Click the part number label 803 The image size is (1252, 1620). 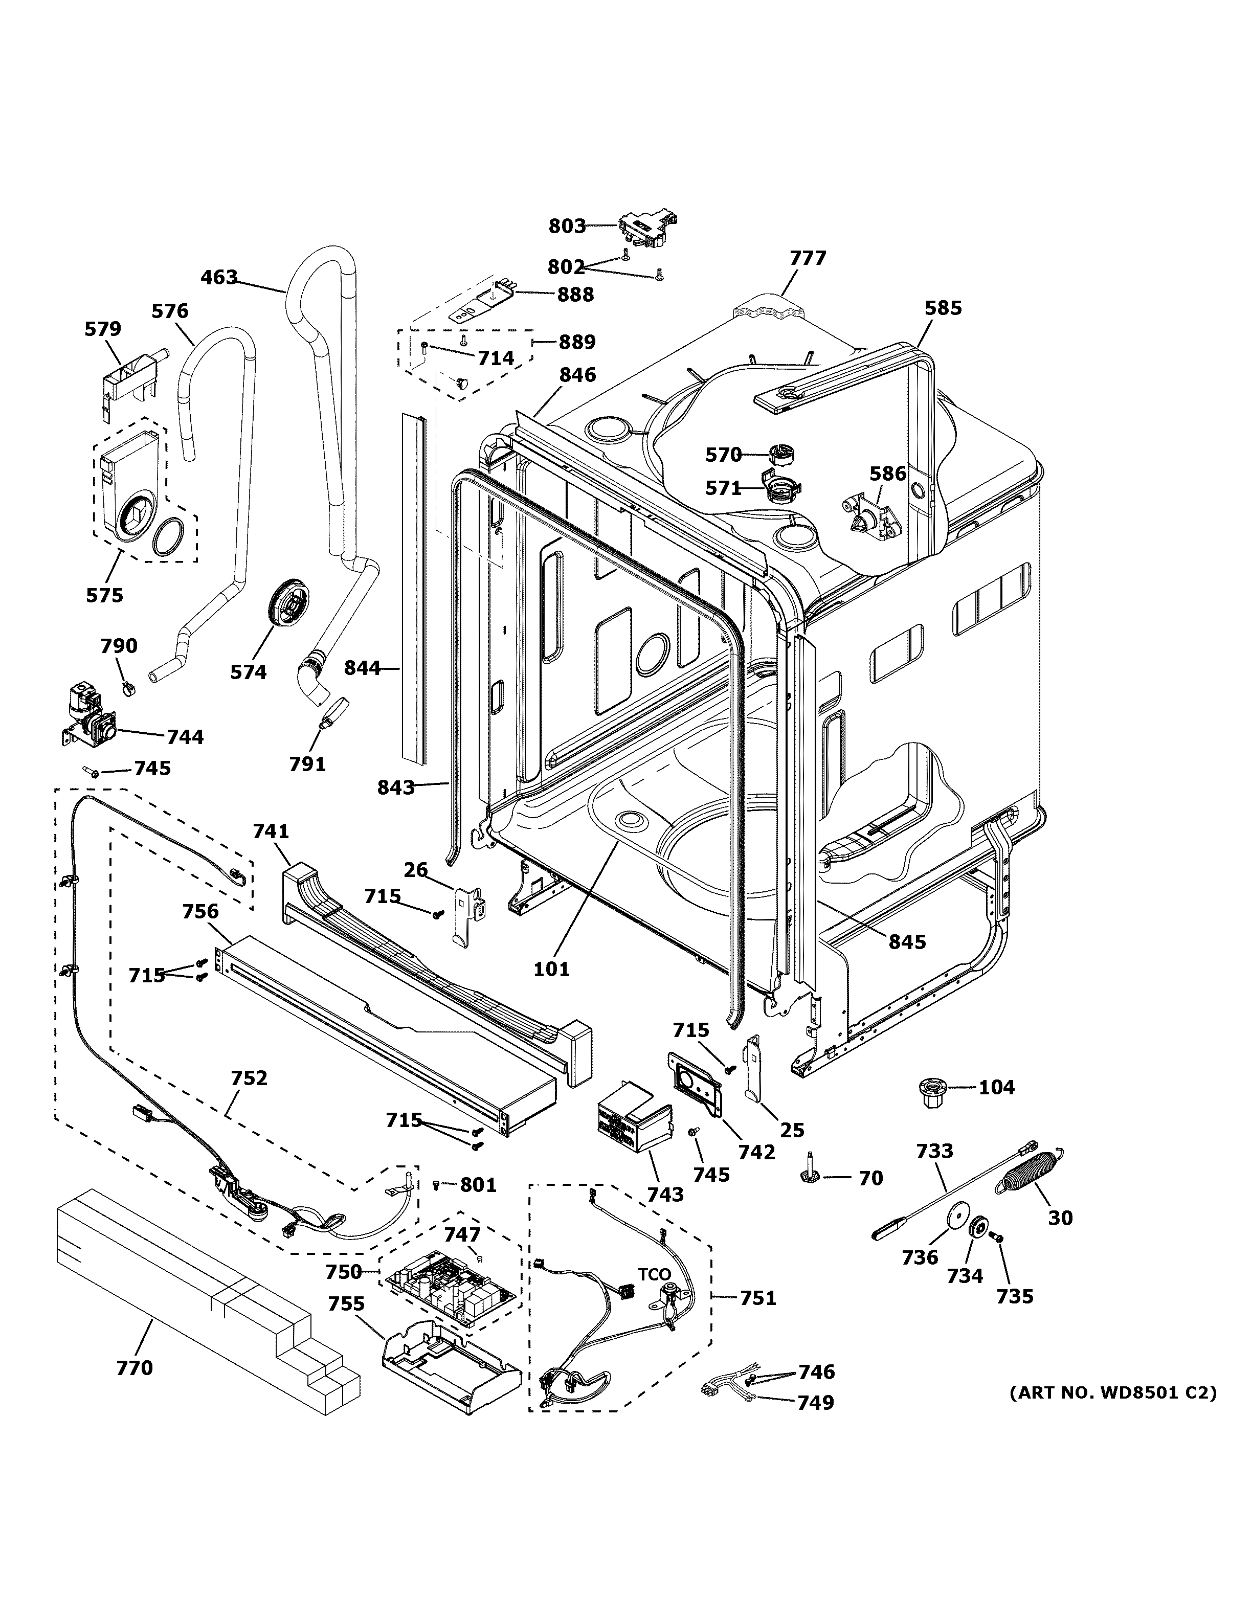click(567, 226)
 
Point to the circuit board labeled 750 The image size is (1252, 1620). click(449, 1290)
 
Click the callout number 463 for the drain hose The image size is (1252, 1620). click(219, 278)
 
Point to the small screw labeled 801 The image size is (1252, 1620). click(436, 1185)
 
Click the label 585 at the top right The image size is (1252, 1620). click(943, 308)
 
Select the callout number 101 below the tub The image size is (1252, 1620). click(551, 968)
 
